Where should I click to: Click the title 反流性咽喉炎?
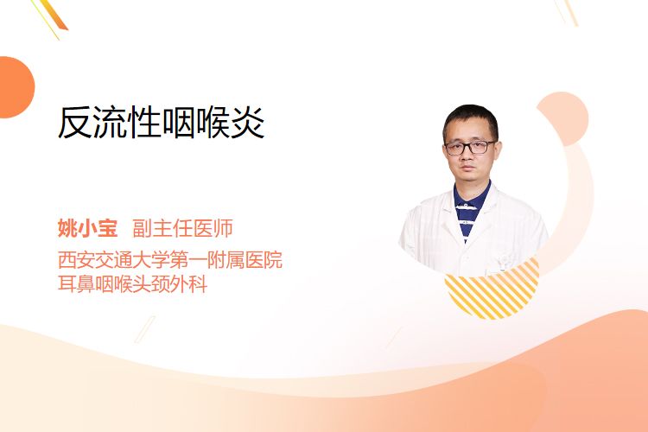coord(161,123)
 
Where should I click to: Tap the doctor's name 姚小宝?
coord(87,228)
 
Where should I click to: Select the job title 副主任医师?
coord(182,228)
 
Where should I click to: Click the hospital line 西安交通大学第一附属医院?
coord(170,259)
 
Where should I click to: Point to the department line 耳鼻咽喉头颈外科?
coord(132,284)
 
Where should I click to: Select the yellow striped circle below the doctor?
coord(492,291)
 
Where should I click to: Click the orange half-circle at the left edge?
coord(16,87)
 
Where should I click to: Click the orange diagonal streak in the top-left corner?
coord(53,16)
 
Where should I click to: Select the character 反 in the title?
coord(74,123)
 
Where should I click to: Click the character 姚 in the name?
coord(67,228)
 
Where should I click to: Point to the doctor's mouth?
coord(468,169)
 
